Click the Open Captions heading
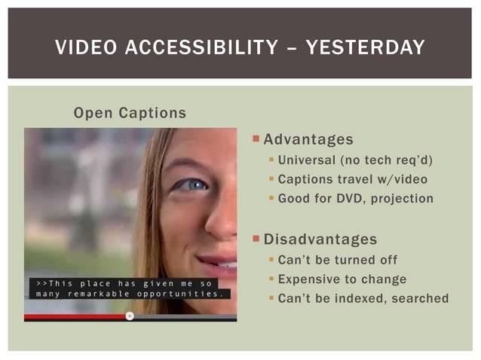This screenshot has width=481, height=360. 130,113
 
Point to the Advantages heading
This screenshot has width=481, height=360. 308,140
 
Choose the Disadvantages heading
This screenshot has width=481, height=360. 320,239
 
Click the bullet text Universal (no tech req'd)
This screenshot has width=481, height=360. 356,160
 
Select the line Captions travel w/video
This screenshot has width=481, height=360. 353,179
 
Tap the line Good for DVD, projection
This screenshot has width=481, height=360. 356,199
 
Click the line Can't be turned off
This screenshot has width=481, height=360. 338,260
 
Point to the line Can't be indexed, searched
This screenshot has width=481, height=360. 363,299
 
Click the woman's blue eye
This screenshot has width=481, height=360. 193,185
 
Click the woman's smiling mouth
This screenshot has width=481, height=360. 223,264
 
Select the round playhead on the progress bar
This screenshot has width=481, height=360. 130,316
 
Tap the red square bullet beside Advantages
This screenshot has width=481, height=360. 256,139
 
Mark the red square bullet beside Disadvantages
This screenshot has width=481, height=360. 256,239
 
